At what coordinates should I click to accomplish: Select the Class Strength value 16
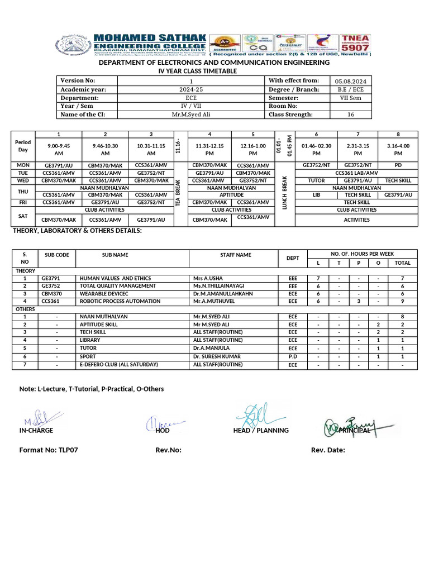pos(351,115)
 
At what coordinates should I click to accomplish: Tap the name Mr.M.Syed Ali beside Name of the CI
pos(191,115)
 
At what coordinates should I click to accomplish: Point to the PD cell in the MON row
pos(398,165)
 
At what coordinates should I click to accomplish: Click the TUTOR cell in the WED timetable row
pos(316,181)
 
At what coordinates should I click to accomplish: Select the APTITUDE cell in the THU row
pos(232,195)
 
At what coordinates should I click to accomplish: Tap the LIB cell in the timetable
pos(316,195)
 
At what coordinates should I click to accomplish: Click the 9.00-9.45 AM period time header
pos(58,149)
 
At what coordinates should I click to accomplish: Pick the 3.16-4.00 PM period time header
pos(398,149)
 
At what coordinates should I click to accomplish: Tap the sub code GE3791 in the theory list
pos(50,278)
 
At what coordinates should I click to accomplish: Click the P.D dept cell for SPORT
pos(293,356)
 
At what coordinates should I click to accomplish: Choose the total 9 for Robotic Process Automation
pos(402,301)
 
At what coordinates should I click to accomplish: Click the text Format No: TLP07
pos(49,450)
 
